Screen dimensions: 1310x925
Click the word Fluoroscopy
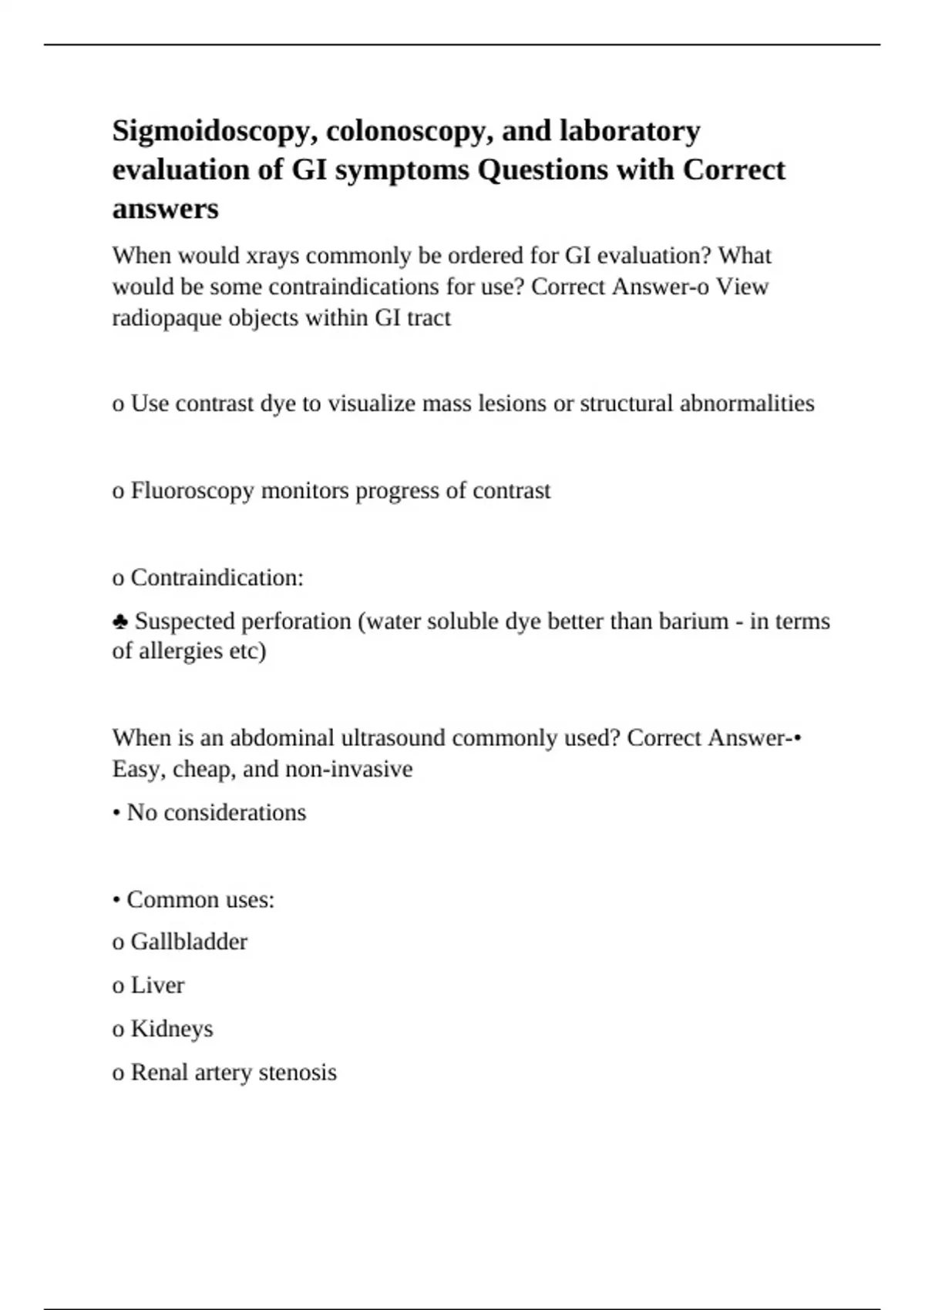(x=192, y=490)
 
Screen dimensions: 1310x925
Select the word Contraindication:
(x=217, y=577)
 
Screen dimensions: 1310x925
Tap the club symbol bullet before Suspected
(x=120, y=621)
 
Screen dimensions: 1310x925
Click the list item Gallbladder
(x=189, y=942)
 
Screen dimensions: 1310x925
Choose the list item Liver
(x=157, y=985)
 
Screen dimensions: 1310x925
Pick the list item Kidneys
(x=171, y=1029)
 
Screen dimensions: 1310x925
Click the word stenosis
(x=298, y=1072)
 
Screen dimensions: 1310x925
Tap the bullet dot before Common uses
(x=116, y=900)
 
